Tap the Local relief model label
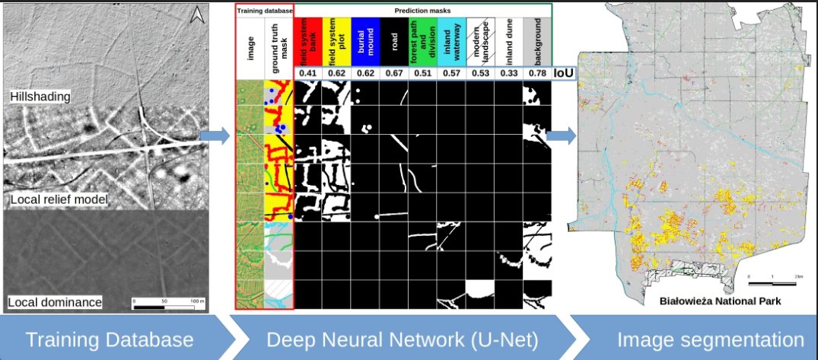pyautogui.click(x=58, y=200)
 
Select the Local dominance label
pyautogui.click(x=55, y=302)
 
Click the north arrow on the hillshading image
pyautogui.click(x=196, y=14)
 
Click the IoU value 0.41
pyautogui.click(x=307, y=73)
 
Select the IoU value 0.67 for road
pyautogui.click(x=394, y=73)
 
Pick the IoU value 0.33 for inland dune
pyautogui.click(x=509, y=73)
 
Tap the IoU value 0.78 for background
pyautogui.click(x=537, y=73)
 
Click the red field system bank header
pyautogui.click(x=307, y=43)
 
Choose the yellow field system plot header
pyautogui.click(x=336, y=43)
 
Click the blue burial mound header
pyautogui.click(x=365, y=43)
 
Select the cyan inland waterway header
pyautogui.click(x=451, y=43)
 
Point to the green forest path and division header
pyautogui.click(x=422, y=43)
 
